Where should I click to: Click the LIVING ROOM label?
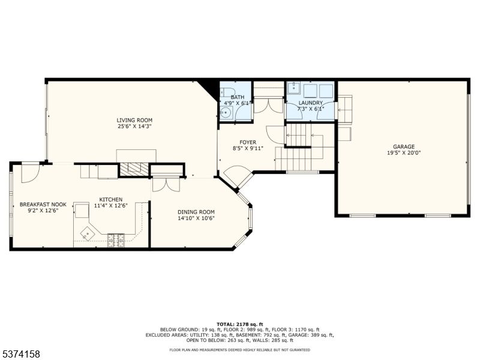coord(134,121)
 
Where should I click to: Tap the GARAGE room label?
coord(404,146)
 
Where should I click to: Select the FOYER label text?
coord(248,142)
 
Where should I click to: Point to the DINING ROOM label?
coord(196,212)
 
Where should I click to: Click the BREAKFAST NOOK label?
coord(43,205)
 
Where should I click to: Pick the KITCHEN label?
coord(110,200)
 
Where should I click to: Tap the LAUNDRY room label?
coord(310,103)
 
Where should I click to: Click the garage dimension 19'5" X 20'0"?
coord(404,153)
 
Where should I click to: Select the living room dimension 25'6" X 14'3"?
coord(134,127)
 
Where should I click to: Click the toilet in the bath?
coord(227,92)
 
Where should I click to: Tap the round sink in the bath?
coord(226,113)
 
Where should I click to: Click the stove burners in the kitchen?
coord(116,241)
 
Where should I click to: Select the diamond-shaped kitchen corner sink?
coord(88,234)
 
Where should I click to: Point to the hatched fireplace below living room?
coord(134,169)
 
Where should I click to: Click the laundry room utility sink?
coord(294,88)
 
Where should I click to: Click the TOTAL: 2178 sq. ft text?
coord(239,324)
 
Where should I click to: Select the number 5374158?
coord(20,354)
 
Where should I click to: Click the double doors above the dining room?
coord(166,185)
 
